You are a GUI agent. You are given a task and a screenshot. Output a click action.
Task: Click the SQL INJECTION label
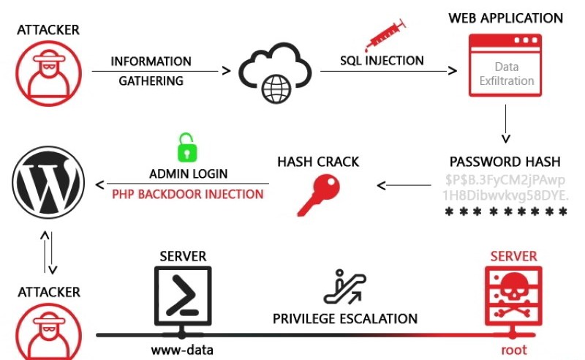coord(382,61)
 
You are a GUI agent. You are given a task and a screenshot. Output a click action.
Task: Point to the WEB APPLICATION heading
coord(506,18)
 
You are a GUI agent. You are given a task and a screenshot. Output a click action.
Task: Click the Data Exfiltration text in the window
coord(505,73)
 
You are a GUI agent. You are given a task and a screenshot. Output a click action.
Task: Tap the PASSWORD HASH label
coord(505,162)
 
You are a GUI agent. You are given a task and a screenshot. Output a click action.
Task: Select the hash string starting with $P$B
coord(505,187)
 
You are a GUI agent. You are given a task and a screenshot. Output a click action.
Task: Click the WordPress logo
coord(46,183)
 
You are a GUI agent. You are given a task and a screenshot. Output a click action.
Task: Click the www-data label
coord(182,349)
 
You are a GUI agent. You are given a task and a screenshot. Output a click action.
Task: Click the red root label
coord(514,349)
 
